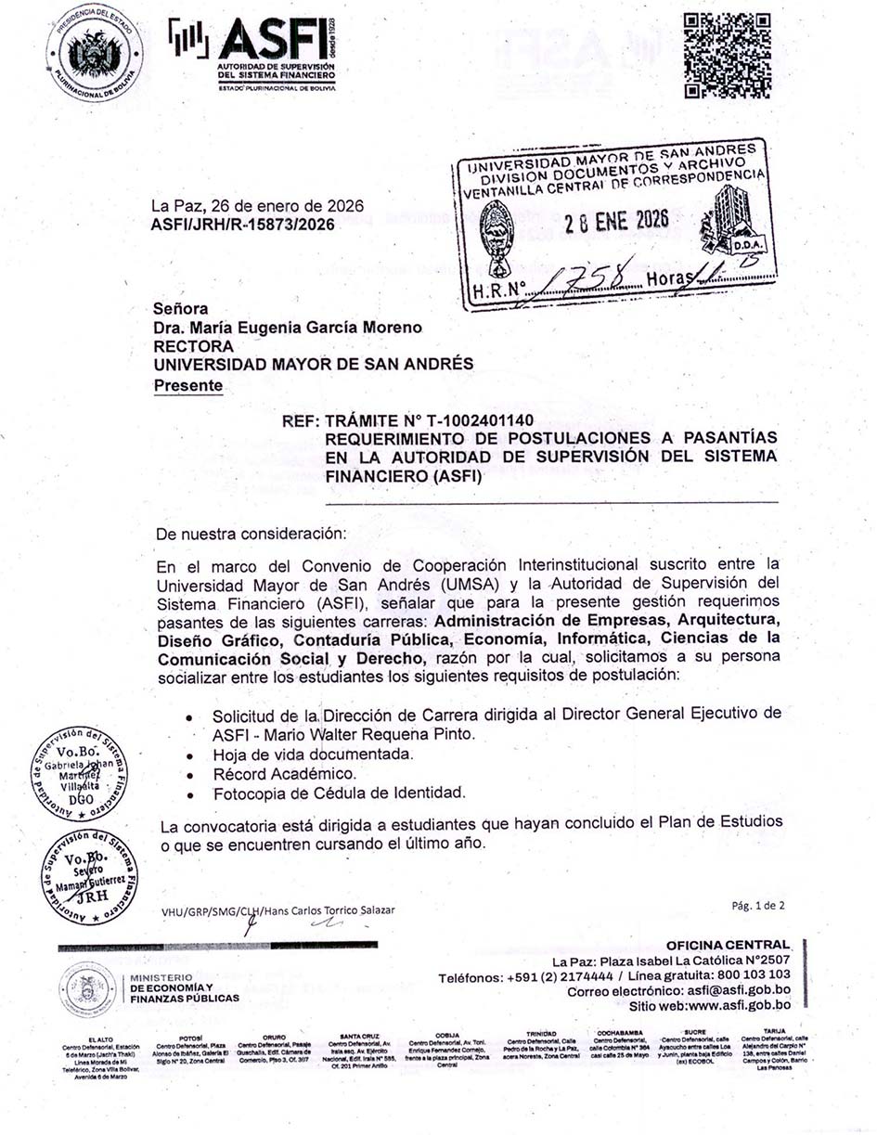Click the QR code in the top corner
[727, 56]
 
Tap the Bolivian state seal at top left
[96, 55]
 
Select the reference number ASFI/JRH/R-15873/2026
[243, 224]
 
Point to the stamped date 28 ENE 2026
[617, 221]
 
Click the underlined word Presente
[188, 384]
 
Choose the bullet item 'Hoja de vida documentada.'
[313, 754]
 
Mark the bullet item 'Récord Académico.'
[283, 773]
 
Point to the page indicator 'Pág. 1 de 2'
[758, 904]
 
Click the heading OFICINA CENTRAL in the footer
[728, 945]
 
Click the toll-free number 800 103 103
[747, 974]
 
